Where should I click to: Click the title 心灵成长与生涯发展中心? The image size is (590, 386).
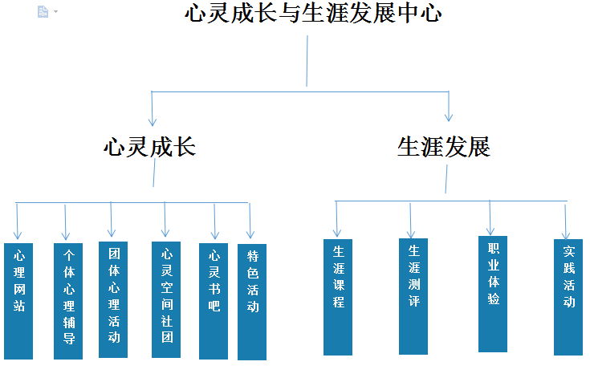click(x=313, y=14)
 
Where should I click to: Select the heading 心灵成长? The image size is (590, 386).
click(x=150, y=147)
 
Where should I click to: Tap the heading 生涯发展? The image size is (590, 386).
click(x=444, y=147)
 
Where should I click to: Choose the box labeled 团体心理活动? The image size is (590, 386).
click(x=113, y=299)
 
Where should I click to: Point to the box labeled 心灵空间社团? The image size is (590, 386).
click(x=166, y=299)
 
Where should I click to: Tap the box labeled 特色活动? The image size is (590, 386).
click(x=252, y=302)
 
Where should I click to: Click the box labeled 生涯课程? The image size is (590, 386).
click(x=338, y=297)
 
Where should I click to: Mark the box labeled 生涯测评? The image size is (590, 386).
click(x=413, y=296)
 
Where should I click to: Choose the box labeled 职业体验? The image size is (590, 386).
click(x=493, y=294)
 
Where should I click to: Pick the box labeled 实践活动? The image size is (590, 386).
click(x=568, y=297)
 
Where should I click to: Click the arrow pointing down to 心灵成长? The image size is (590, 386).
click(x=152, y=109)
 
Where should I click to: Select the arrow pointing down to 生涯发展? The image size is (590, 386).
click(x=449, y=108)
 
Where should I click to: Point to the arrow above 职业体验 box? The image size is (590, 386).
click(x=490, y=218)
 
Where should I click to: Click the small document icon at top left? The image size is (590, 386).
click(x=43, y=11)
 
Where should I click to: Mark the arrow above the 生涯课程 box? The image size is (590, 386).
click(x=336, y=220)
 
